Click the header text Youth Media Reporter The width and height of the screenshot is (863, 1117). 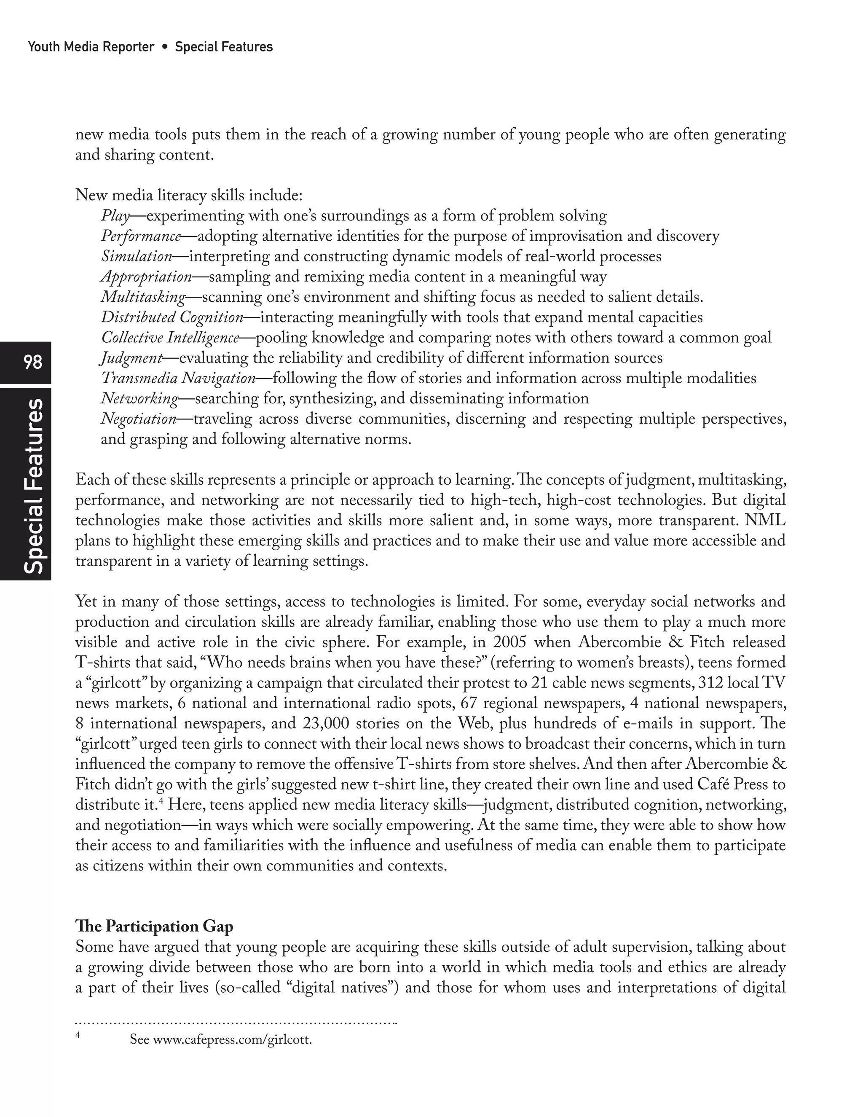91,47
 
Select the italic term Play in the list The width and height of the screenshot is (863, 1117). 115,216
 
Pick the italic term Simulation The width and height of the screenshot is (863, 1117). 136,256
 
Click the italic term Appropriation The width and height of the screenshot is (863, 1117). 146,277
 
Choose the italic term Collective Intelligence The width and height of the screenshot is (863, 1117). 170,338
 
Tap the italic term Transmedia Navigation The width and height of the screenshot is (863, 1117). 178,379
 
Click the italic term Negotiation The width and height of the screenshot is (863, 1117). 138,419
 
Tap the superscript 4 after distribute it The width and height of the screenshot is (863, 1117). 161,801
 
